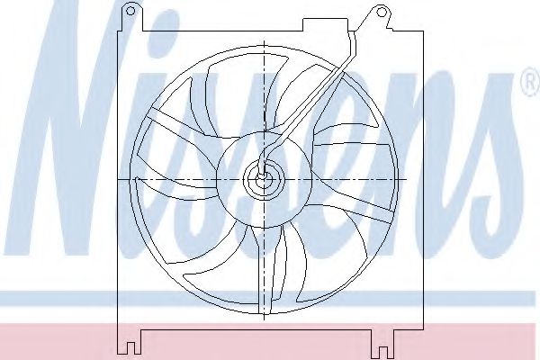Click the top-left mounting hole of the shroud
click(130, 11)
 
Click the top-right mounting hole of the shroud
click(381, 13)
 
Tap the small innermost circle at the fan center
click(264, 179)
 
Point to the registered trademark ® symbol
click(531, 82)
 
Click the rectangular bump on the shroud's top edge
click(326, 25)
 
